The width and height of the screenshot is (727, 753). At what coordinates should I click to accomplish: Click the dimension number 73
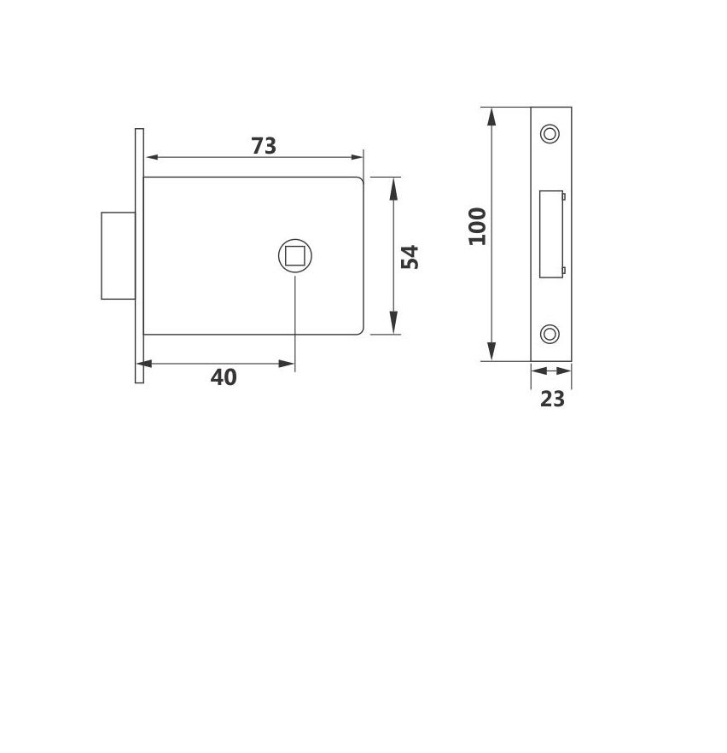(264, 146)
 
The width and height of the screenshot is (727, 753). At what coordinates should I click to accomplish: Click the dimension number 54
(411, 256)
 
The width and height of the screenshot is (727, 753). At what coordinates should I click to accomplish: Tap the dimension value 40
(224, 376)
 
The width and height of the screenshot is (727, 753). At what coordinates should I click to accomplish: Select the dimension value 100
(478, 226)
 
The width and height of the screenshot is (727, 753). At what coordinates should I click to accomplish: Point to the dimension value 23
(552, 399)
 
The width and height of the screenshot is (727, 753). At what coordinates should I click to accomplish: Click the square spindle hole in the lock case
(294, 256)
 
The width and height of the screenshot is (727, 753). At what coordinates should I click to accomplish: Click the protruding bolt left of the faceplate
(118, 255)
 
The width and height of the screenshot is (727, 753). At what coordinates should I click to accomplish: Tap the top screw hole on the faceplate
(550, 134)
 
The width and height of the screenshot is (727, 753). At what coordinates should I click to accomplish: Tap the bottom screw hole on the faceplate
(550, 334)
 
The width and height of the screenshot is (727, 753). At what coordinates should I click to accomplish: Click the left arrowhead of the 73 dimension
(151, 158)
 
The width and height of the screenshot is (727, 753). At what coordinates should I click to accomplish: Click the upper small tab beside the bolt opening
(563, 197)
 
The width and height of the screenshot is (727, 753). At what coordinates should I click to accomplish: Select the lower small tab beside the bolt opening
(563, 271)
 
